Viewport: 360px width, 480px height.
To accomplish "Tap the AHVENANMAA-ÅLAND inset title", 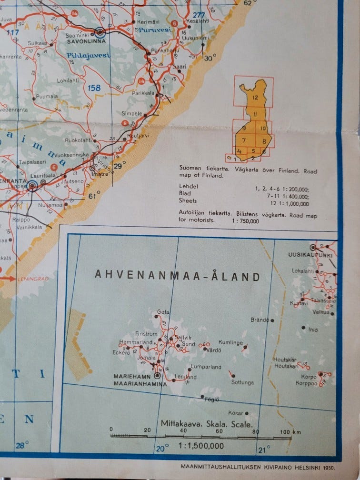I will pyautogui.click(x=177, y=276).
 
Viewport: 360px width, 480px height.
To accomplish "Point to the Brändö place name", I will pyautogui.click(x=260, y=320).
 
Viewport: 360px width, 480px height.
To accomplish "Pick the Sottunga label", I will pyautogui.click(x=242, y=382).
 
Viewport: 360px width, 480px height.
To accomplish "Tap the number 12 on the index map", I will pyautogui.click(x=256, y=97).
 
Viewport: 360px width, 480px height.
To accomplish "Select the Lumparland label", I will pyautogui.click(x=206, y=367).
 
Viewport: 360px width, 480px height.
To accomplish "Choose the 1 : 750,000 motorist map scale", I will pyautogui.click(x=245, y=220).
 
